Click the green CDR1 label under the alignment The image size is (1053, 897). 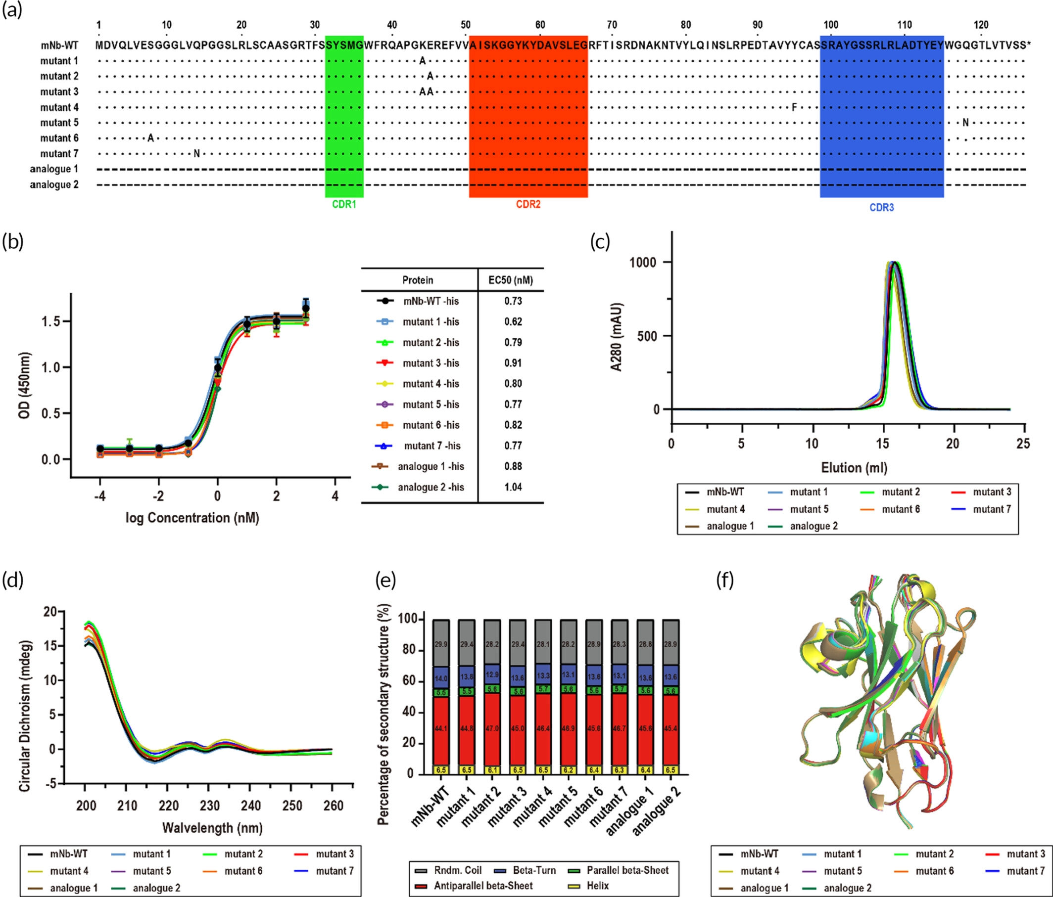[344, 204]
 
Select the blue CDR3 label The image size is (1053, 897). [881, 207]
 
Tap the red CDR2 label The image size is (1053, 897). [528, 204]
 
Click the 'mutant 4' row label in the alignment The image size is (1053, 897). [59, 107]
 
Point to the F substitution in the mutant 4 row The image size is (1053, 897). [794, 107]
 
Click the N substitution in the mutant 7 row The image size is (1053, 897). [196, 153]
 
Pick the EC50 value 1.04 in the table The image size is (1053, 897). [513, 487]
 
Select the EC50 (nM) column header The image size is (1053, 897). [510, 280]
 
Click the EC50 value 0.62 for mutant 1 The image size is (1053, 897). [513, 321]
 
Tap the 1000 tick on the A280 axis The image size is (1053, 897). [642, 262]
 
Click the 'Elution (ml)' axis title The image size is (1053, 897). [854, 467]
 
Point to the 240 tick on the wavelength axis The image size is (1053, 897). [250, 806]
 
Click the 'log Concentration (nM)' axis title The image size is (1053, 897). [192, 518]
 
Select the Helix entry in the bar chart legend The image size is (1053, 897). [598, 885]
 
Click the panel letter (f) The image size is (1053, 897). [725, 580]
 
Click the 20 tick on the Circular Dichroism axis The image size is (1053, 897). [50, 612]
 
